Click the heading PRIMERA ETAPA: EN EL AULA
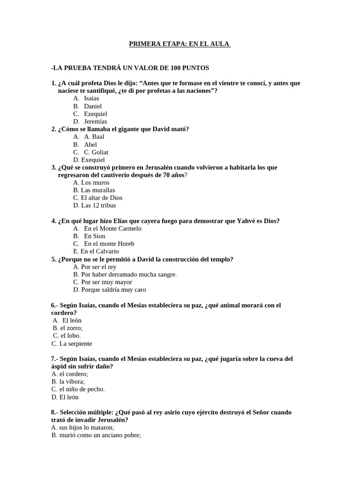(180, 44)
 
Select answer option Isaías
(91, 98)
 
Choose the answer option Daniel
(93, 106)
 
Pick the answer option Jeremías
(96, 121)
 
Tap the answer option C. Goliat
(96, 152)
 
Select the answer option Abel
(90, 144)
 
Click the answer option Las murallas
(97, 190)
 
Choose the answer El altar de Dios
(101, 198)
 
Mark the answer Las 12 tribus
(98, 205)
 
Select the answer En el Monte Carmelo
(112, 229)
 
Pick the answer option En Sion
(95, 236)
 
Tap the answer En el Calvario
(99, 251)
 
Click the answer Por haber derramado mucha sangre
(128, 274)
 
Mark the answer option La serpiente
(75, 344)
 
